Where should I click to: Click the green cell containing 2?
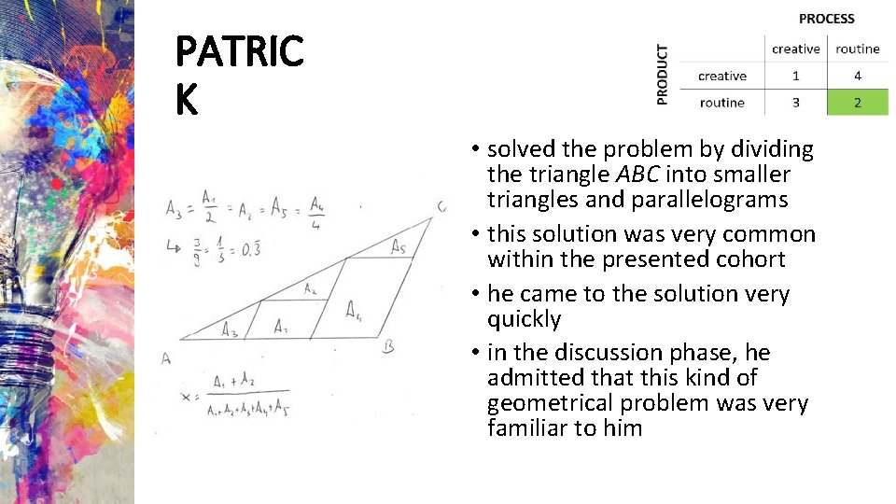point(858,103)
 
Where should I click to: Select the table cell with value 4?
point(858,76)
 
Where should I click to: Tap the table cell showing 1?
point(795,76)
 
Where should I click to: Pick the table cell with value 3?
point(795,103)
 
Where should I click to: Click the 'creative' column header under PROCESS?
point(795,49)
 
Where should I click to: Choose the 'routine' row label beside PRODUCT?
point(721,103)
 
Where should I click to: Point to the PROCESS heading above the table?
point(826,19)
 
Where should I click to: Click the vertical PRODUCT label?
point(663,75)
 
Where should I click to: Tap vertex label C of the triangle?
point(440,206)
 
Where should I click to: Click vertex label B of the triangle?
point(389,347)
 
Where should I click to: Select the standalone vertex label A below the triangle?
point(166,357)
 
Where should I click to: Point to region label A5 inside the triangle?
point(398,246)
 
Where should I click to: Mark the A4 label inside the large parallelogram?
point(354,311)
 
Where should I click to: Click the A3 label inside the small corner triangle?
point(230,328)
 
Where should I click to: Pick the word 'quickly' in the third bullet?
point(524,319)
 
